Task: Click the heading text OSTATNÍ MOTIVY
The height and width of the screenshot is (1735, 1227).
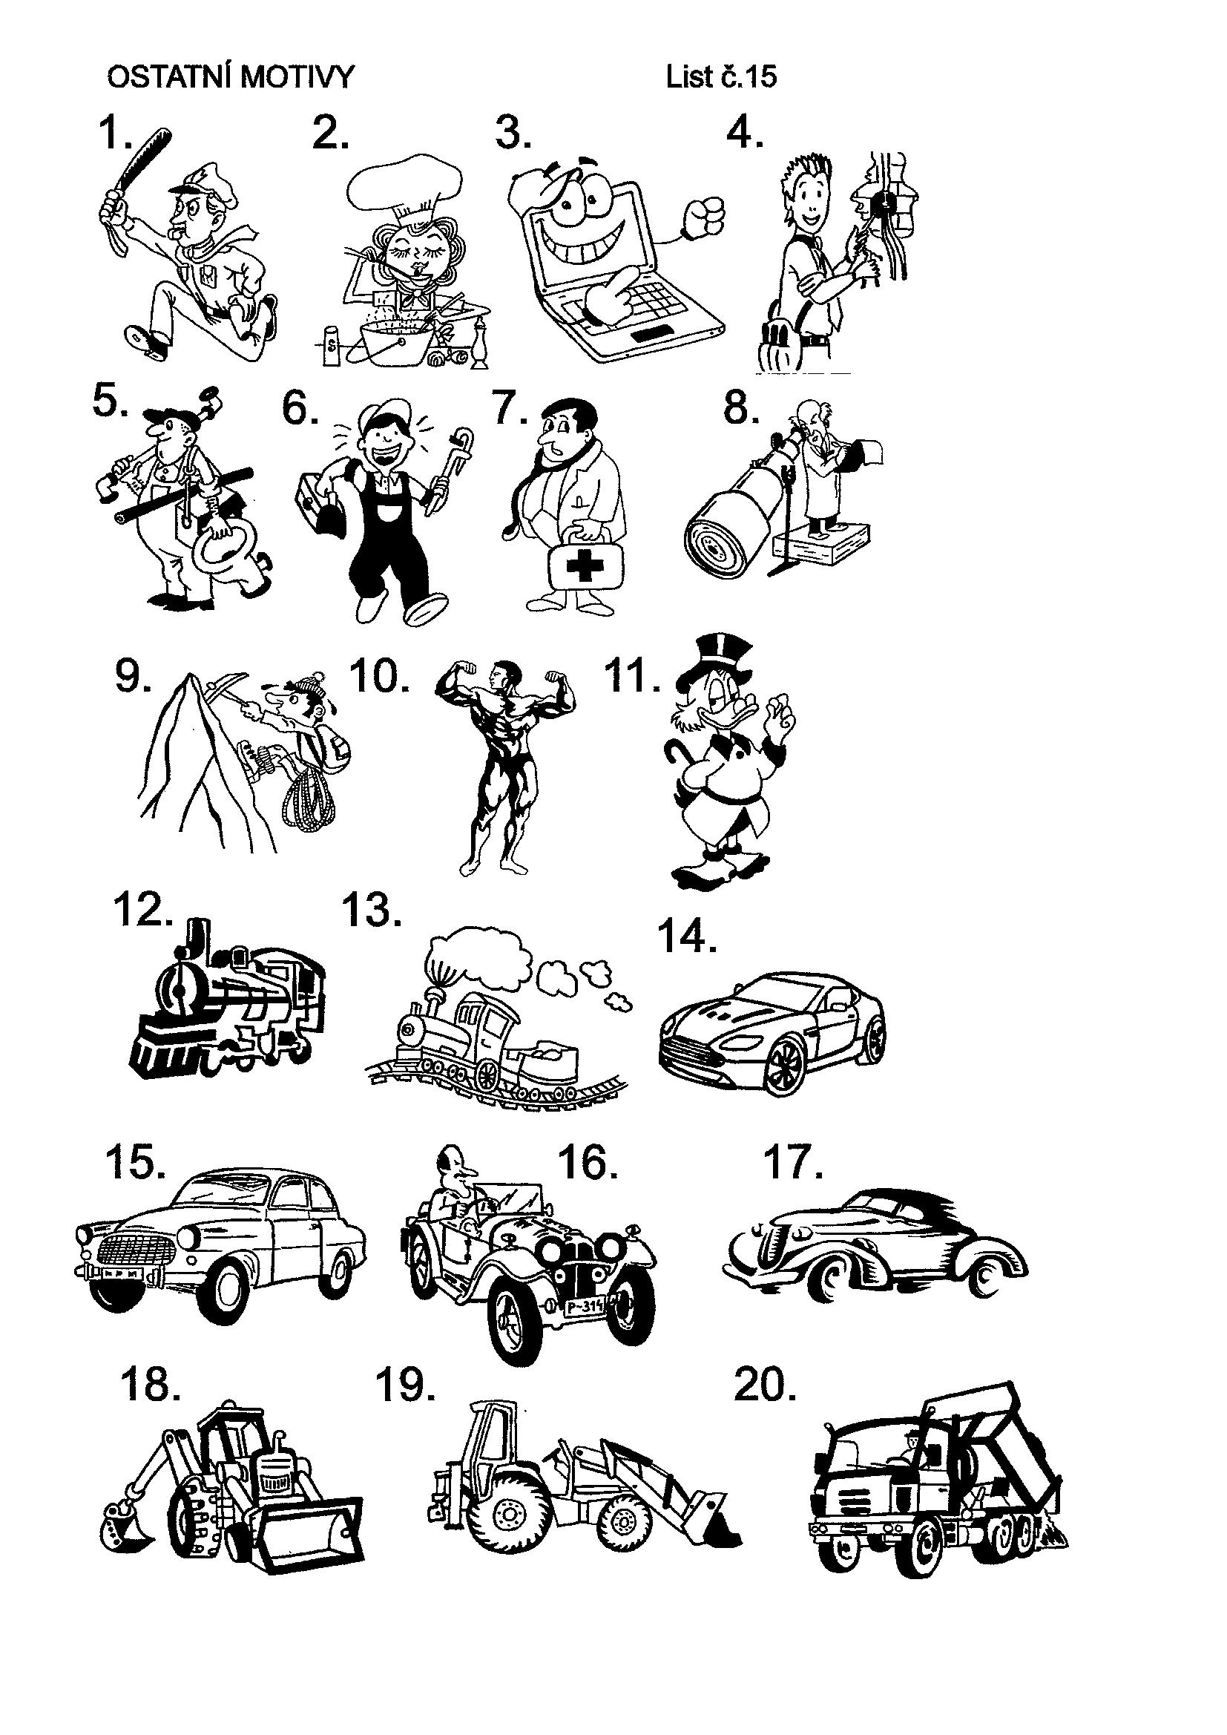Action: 231,77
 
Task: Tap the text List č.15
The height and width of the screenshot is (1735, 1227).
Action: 721,77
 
